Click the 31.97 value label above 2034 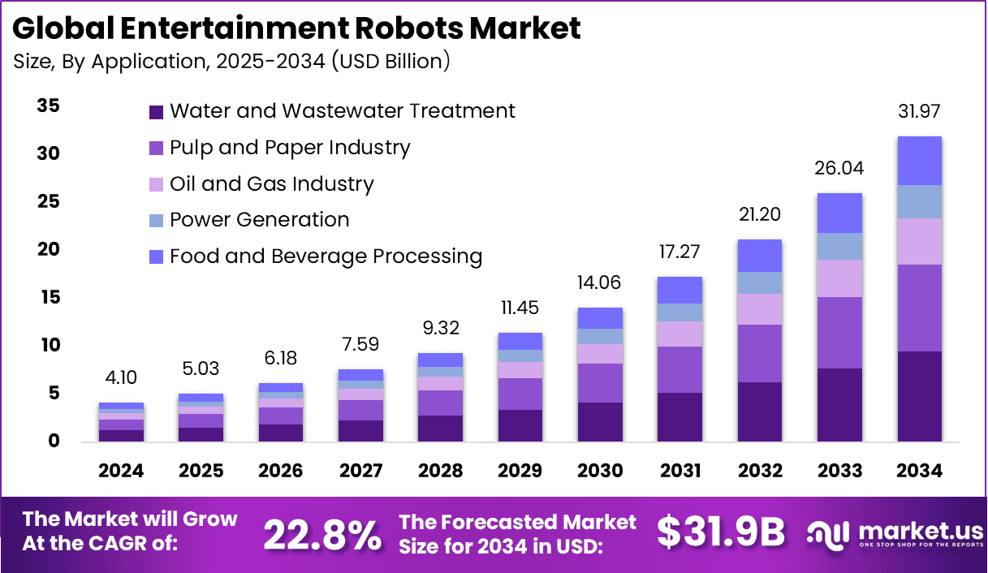coord(919,111)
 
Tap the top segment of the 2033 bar coord(839,213)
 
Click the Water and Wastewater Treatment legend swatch coord(156,112)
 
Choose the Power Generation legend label coord(259,220)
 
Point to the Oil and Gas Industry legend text coord(271,184)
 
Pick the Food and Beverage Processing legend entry coord(326,256)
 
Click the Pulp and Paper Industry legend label coord(290,148)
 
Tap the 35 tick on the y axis coord(48,106)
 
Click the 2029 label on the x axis coord(520,472)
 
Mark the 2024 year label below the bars coord(121,472)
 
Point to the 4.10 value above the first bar coord(121,378)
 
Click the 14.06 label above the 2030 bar coord(600,283)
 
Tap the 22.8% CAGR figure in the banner coord(322,534)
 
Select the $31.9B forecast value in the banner coord(721,532)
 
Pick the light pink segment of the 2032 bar coord(760,309)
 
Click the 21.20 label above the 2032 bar coord(760,215)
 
